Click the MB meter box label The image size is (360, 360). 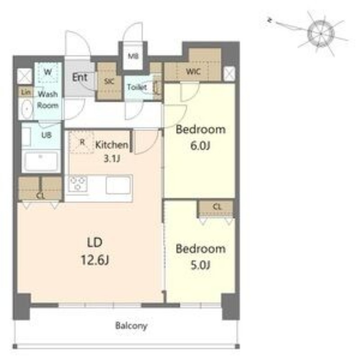pos(133,56)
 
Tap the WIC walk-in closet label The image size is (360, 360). pos(193,72)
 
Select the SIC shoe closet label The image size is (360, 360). pos(109,81)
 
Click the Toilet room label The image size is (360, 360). pos(137,87)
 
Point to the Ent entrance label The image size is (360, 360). pos(80,77)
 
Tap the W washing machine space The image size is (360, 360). pos(48,72)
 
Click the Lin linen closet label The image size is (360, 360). pos(26,92)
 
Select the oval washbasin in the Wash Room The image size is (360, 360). pos(27,109)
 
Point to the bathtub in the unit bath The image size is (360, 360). pos(41,161)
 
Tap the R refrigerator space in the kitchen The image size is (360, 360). pos(81,142)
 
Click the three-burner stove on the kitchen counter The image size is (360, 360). pos(77,184)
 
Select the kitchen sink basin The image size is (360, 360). pos(118,185)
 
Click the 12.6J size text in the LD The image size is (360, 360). pos(95,260)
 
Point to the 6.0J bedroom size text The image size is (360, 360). pos(200,145)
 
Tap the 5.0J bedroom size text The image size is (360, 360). pos(200,265)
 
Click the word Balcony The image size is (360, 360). pos(131,325)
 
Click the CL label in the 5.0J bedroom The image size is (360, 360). pos(217,207)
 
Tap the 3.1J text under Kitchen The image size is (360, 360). pos(112,159)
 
